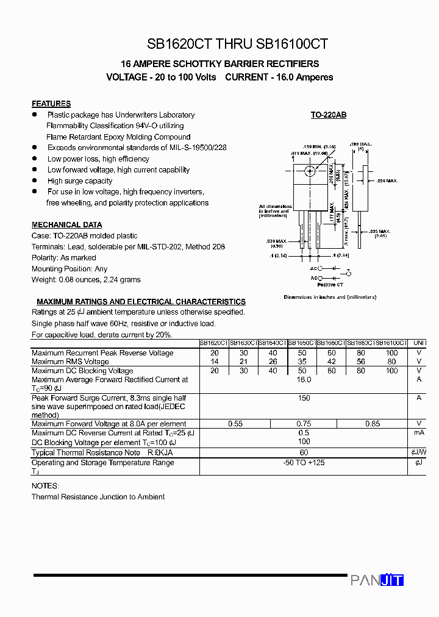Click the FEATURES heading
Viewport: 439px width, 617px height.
(51, 104)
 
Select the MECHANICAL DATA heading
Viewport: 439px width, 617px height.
(67, 225)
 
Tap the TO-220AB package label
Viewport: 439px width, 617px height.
(328, 115)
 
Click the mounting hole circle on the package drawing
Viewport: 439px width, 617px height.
(309, 171)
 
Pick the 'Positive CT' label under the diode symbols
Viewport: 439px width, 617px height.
(330, 285)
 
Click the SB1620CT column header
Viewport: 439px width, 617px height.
(214, 344)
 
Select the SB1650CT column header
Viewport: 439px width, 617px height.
(302, 344)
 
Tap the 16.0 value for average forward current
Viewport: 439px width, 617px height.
(304, 379)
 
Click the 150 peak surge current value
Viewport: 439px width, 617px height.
(304, 398)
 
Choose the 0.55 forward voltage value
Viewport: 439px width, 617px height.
(235, 424)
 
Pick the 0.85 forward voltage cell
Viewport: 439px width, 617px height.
(372, 424)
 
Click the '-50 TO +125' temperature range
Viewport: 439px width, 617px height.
(304, 463)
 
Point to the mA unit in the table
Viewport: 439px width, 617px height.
(419, 432)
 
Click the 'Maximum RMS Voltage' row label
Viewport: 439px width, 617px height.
(70, 362)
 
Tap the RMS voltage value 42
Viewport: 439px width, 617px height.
(332, 362)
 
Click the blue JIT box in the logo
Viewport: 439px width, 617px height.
(391, 580)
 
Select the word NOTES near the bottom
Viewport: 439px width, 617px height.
(45, 486)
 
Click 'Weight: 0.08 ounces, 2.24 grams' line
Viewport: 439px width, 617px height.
(86, 280)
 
